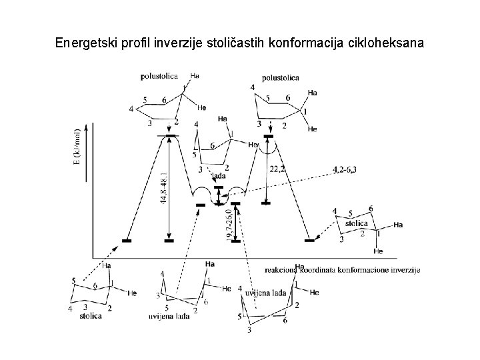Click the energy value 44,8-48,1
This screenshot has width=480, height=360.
(x=164, y=189)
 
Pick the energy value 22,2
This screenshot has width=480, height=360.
(x=277, y=169)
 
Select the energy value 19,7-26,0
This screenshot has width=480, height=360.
(x=229, y=225)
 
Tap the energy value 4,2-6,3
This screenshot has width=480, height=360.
(x=344, y=170)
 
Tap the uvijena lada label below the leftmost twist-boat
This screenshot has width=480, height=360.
(x=169, y=316)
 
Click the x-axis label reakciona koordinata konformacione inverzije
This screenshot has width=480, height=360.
(x=342, y=269)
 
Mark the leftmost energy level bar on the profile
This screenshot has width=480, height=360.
(x=127, y=240)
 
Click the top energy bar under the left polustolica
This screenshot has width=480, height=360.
(x=169, y=136)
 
